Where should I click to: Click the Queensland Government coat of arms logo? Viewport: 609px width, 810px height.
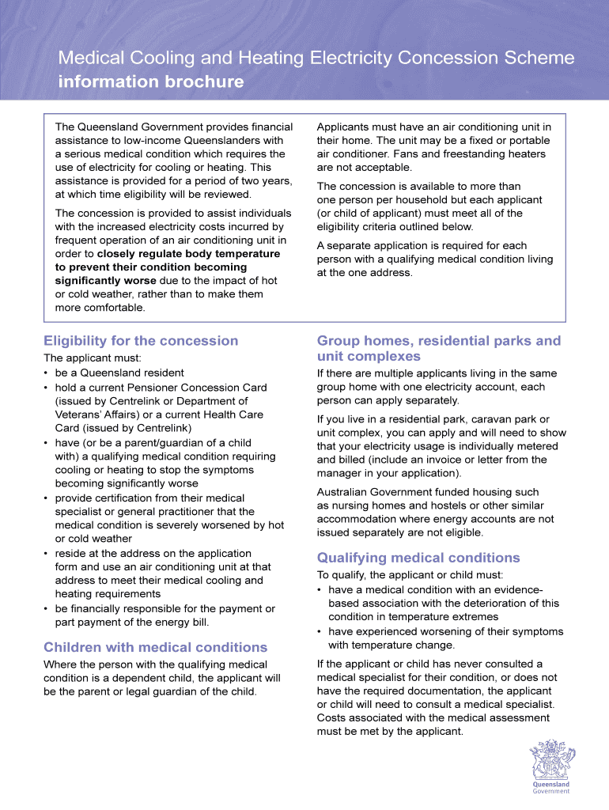[546, 764]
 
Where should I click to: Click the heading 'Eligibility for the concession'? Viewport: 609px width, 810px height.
[141, 341]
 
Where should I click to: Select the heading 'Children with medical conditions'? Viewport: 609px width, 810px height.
[156, 648]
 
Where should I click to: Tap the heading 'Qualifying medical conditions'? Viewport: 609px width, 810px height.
[418, 558]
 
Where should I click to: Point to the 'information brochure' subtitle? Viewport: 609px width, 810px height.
[151, 82]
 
